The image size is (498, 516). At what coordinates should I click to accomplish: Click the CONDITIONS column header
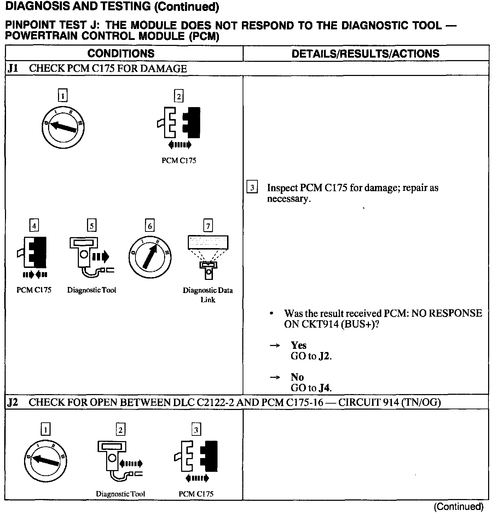121,53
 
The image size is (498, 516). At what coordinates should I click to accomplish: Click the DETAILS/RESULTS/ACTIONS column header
365,53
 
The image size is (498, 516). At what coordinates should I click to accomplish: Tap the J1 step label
13,68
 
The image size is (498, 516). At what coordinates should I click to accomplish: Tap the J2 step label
13,402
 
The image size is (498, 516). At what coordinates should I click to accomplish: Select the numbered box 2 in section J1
179,96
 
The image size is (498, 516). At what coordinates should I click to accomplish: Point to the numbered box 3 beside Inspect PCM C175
252,187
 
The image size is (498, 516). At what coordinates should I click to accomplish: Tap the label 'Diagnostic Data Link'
208,295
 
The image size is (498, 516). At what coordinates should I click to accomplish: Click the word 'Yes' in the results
299,345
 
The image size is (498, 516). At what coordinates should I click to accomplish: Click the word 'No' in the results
297,377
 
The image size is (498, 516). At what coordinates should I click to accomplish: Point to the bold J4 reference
324,388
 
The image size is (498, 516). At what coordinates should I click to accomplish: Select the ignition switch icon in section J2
45,461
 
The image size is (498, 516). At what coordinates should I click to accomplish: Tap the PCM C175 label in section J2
196,494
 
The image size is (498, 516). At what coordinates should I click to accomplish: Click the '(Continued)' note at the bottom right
458,506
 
